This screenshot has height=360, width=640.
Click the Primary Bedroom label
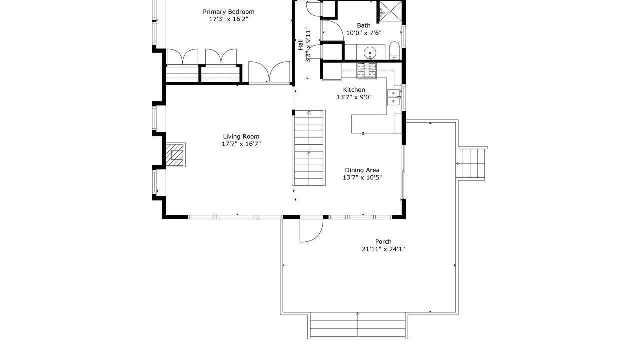tap(229, 12)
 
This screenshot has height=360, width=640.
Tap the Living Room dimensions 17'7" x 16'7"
tap(241, 144)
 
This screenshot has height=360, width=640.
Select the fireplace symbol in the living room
tap(175, 155)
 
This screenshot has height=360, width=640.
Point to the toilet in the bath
tap(394, 51)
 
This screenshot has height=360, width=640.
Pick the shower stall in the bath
tap(390, 12)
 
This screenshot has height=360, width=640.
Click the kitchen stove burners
tap(367, 71)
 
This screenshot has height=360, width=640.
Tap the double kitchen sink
tap(393, 97)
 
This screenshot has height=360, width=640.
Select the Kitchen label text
tap(354, 90)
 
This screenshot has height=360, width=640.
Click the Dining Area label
tap(362, 170)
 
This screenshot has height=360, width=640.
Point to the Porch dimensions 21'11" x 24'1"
tap(383, 249)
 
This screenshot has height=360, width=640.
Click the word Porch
tap(383, 242)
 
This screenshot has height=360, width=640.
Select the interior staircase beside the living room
tap(309, 148)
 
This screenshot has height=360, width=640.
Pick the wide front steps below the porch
tap(357, 325)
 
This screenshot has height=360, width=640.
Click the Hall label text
tap(300, 45)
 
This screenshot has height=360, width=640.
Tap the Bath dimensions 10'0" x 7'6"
tap(364, 33)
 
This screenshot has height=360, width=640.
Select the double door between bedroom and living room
tap(269, 73)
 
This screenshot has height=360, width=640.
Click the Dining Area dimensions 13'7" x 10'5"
tap(362, 178)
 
